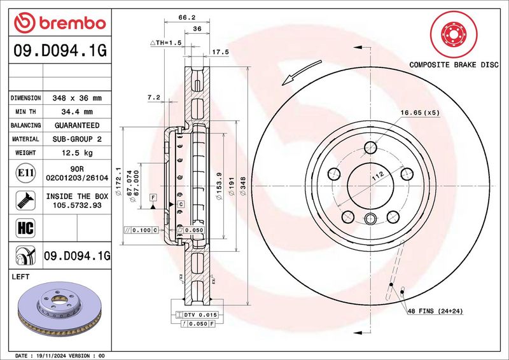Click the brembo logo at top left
click(60, 23)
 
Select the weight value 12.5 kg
click(77, 153)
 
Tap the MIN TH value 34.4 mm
click(77, 112)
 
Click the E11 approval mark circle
click(25, 173)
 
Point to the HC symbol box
click(25, 228)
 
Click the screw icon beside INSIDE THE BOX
click(25, 200)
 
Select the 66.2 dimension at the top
click(187, 18)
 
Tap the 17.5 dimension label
click(220, 52)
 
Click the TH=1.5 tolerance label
click(165, 43)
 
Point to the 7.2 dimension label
click(154, 97)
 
